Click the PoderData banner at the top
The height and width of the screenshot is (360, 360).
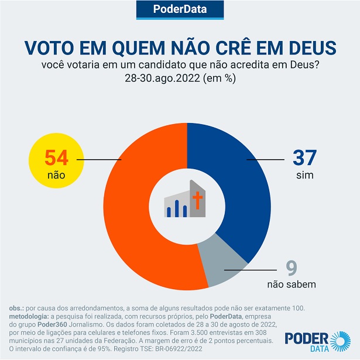(180, 9)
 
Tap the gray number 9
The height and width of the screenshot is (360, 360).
(291, 268)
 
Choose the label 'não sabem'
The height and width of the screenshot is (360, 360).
(292, 285)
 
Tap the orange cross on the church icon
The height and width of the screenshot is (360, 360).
(197, 202)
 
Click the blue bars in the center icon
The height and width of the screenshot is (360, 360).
(177, 208)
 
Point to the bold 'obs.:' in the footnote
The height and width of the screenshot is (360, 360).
(17, 308)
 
